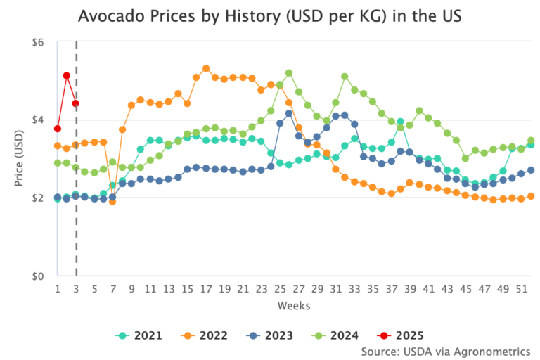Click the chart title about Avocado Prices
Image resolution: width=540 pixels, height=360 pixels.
269,15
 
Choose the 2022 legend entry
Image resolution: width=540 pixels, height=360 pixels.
205,335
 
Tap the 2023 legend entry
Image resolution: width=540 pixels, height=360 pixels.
271,335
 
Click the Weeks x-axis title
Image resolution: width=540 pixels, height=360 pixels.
294,306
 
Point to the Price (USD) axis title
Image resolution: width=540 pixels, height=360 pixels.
19,159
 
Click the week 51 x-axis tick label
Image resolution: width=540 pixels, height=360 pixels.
521,289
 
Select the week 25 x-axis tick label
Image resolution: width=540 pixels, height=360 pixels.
280,289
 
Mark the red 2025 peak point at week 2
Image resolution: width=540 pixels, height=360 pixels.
67,75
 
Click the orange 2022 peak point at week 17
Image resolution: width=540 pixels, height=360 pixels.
206,69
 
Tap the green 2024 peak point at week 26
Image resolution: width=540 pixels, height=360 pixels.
289,73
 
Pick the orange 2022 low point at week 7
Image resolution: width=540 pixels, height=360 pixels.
112,201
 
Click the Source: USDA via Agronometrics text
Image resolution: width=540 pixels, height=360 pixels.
445,351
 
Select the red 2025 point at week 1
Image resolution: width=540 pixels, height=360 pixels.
58,129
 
